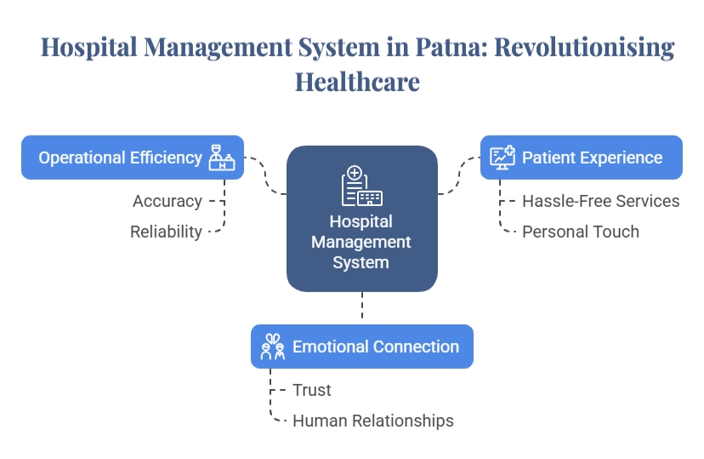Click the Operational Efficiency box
[x=133, y=158]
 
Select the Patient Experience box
[x=582, y=158]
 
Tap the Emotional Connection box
[x=361, y=347]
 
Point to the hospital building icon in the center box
[x=361, y=186]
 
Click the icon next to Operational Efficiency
[x=222, y=158]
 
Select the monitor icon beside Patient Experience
[x=502, y=158]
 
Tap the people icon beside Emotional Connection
[x=272, y=347]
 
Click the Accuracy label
[x=167, y=202]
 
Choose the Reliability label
[x=167, y=232]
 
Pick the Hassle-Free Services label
[x=600, y=202]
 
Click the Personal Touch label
[x=581, y=232]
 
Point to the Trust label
[x=312, y=390]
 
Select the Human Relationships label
[x=373, y=421]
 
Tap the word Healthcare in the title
[x=357, y=83]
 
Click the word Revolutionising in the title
[x=584, y=48]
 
